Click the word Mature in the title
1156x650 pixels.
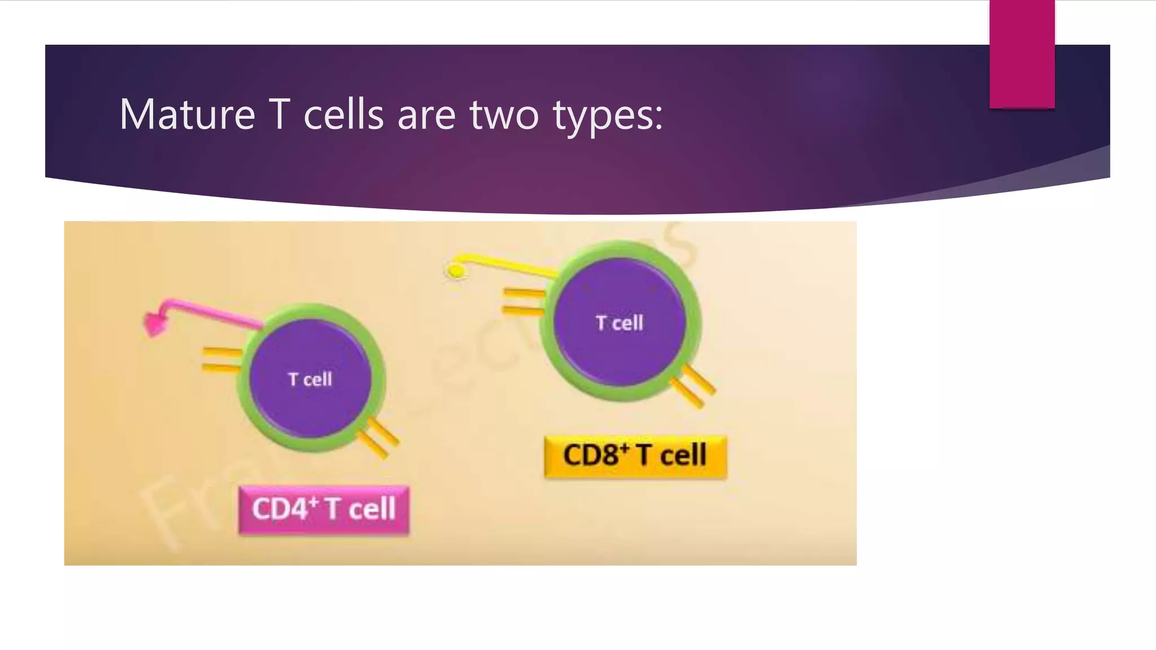pos(187,115)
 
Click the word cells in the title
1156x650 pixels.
pos(343,115)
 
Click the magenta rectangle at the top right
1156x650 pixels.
pos(1022,54)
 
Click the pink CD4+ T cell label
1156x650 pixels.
pos(323,509)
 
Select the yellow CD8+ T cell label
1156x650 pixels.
pos(635,456)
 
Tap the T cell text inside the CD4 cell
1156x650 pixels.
pos(310,379)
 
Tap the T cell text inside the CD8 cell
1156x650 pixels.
pos(619,323)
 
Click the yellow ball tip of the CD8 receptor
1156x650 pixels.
pos(456,271)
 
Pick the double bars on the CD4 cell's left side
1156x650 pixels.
pos(222,361)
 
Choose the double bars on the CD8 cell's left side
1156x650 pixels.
pos(523,301)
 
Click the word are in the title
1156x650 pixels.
pos(426,115)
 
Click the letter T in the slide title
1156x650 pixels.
pos(279,115)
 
